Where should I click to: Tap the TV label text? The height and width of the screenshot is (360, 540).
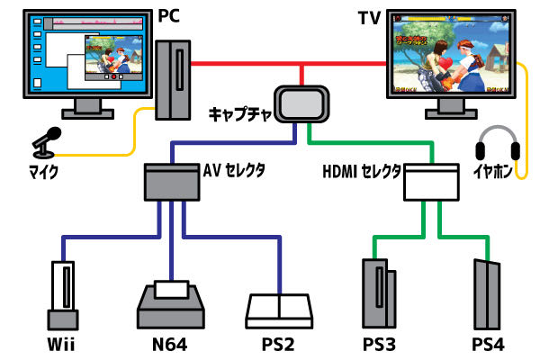coord(370,15)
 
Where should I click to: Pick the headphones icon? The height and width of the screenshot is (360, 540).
coord(494,144)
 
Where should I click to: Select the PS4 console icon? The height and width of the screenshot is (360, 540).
coord(487,294)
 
